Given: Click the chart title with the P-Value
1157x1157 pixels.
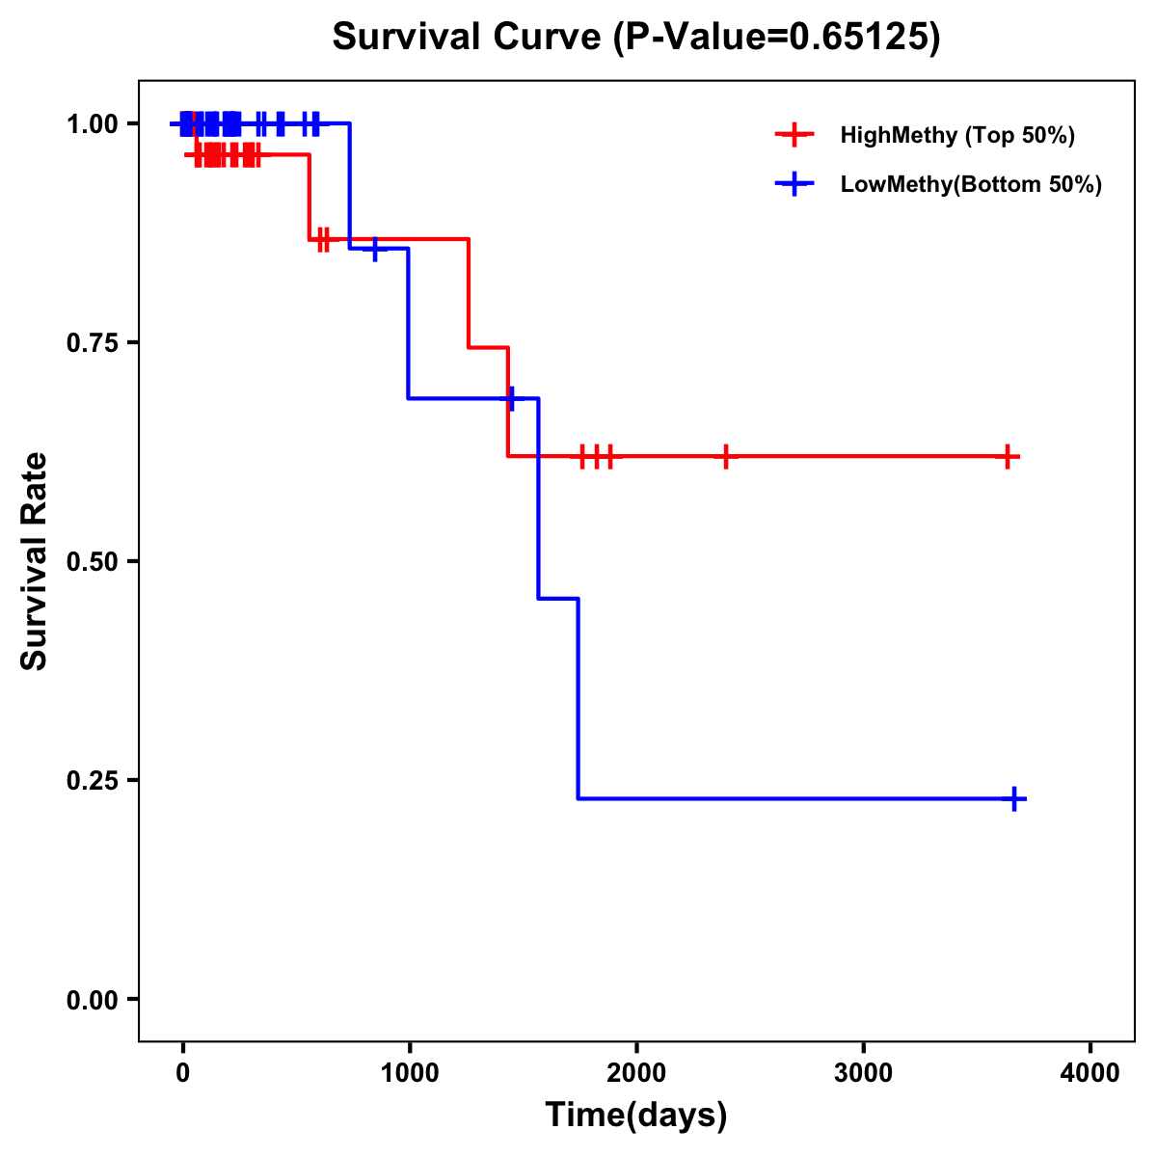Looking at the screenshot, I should click(x=636, y=38).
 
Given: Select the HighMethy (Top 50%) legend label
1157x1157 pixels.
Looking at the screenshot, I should click(x=957, y=135).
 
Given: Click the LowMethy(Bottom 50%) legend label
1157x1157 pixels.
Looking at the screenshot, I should click(x=971, y=184).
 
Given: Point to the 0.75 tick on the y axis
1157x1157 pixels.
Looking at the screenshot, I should click(x=93, y=343).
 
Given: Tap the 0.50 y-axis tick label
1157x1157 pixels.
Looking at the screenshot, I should click(x=93, y=562).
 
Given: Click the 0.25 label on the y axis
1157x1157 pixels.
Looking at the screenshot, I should click(x=93, y=781).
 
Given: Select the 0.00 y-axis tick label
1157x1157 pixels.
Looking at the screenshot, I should click(x=93, y=1000).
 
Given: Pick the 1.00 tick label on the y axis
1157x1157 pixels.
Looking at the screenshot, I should click(x=93, y=124).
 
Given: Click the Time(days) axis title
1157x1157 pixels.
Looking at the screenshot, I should click(x=636, y=1116).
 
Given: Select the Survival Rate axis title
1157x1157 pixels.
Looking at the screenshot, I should click(x=35, y=561).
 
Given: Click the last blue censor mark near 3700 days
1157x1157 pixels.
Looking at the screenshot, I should click(x=1014, y=798).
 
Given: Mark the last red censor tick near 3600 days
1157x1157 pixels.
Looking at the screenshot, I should click(x=1007, y=456).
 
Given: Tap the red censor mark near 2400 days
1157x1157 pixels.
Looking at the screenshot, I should click(x=725, y=456).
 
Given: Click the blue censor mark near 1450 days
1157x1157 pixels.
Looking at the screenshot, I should click(x=511, y=397).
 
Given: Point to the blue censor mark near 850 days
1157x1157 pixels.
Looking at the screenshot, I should click(x=375, y=249).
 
